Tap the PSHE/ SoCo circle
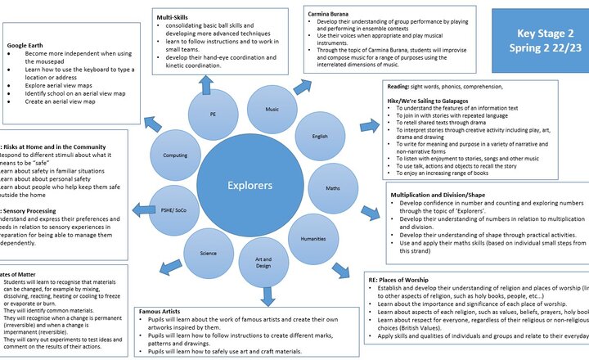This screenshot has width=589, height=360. pyautogui.click(x=174, y=211)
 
